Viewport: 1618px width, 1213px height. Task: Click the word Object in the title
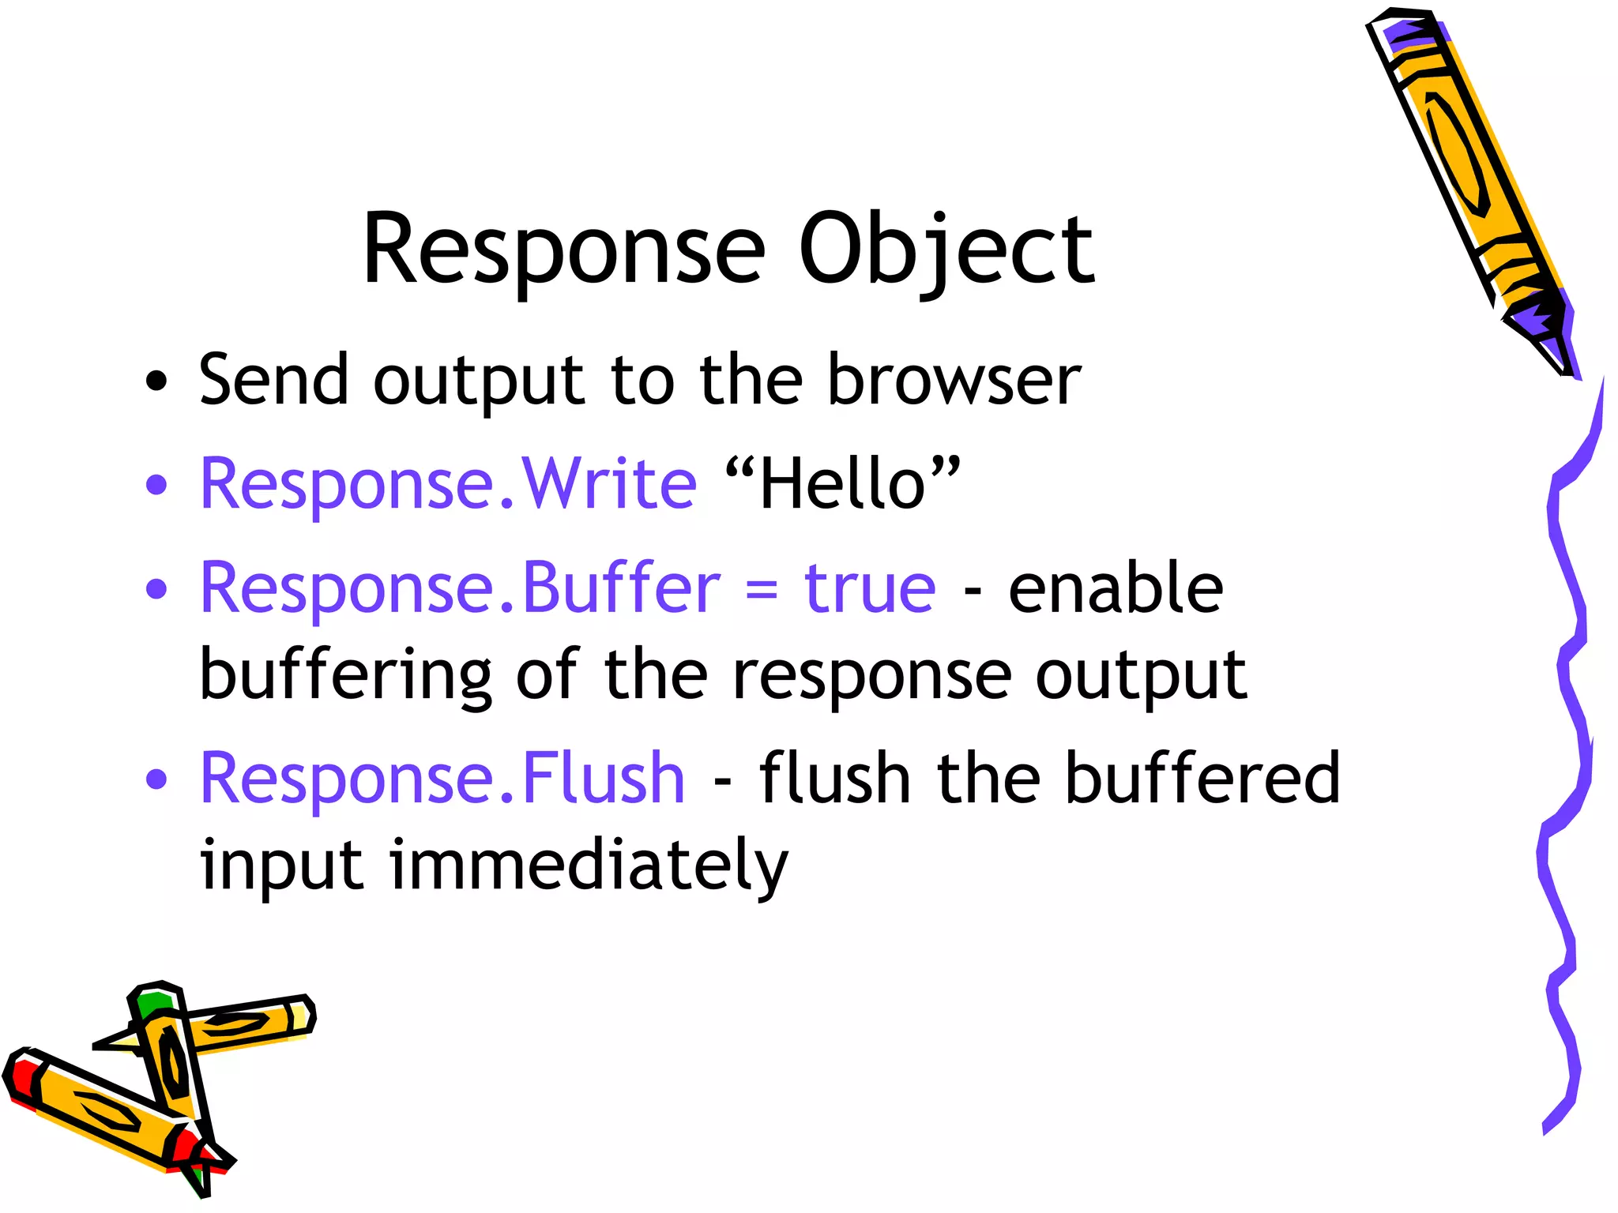pyautogui.click(x=946, y=250)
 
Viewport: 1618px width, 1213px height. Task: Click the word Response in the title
pyautogui.click(x=563, y=250)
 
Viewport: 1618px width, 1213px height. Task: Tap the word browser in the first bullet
pyautogui.click(x=954, y=381)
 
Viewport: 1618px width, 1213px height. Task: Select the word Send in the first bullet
pyautogui.click(x=273, y=381)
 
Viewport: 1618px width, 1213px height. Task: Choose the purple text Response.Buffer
pyautogui.click(x=460, y=588)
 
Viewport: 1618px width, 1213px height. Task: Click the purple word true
pyautogui.click(x=870, y=588)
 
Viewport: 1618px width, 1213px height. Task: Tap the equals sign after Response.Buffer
pyautogui.click(x=762, y=589)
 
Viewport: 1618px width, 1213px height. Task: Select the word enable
pyautogui.click(x=1116, y=588)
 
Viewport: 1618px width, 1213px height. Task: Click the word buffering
pyautogui.click(x=346, y=676)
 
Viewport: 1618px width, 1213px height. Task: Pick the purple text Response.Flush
pyautogui.click(x=442, y=779)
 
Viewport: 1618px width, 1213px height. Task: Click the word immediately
pyautogui.click(x=589, y=866)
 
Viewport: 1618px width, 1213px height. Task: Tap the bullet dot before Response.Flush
pyautogui.click(x=157, y=779)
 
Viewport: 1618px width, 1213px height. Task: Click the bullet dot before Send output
pyautogui.click(x=157, y=381)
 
